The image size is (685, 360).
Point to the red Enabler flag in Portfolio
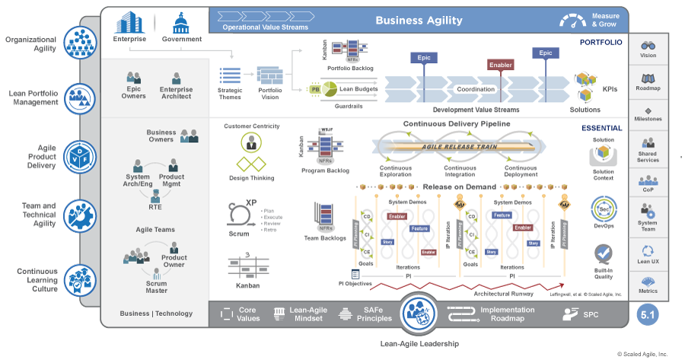click(x=499, y=65)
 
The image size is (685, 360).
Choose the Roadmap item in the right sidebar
click(x=648, y=81)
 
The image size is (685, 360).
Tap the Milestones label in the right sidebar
click(x=648, y=119)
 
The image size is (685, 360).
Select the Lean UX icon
click(x=648, y=250)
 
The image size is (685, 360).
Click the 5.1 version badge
click(x=648, y=314)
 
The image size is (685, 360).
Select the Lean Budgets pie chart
click(x=328, y=90)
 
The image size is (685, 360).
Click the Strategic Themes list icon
click(x=230, y=76)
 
